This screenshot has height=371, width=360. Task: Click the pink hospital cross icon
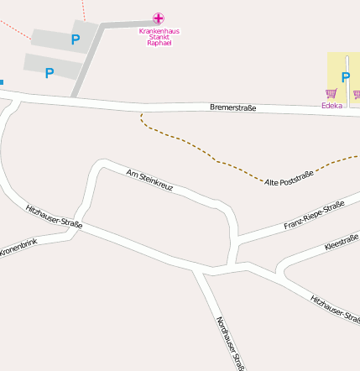coord(159,18)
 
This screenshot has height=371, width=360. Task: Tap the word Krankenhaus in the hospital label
coord(159,31)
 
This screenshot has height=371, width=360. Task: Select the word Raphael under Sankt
coord(159,43)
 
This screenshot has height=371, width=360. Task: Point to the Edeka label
coord(332,106)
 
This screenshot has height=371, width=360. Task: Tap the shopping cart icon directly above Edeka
coord(331,94)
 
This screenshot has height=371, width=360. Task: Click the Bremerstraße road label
coord(232,108)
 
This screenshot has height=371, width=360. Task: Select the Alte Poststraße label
coord(289,178)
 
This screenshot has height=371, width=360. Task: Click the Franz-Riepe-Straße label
coord(314,216)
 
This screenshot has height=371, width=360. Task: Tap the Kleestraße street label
coord(341,243)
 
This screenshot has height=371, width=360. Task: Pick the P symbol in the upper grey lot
coord(75,39)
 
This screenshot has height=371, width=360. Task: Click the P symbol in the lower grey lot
coord(49,73)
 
